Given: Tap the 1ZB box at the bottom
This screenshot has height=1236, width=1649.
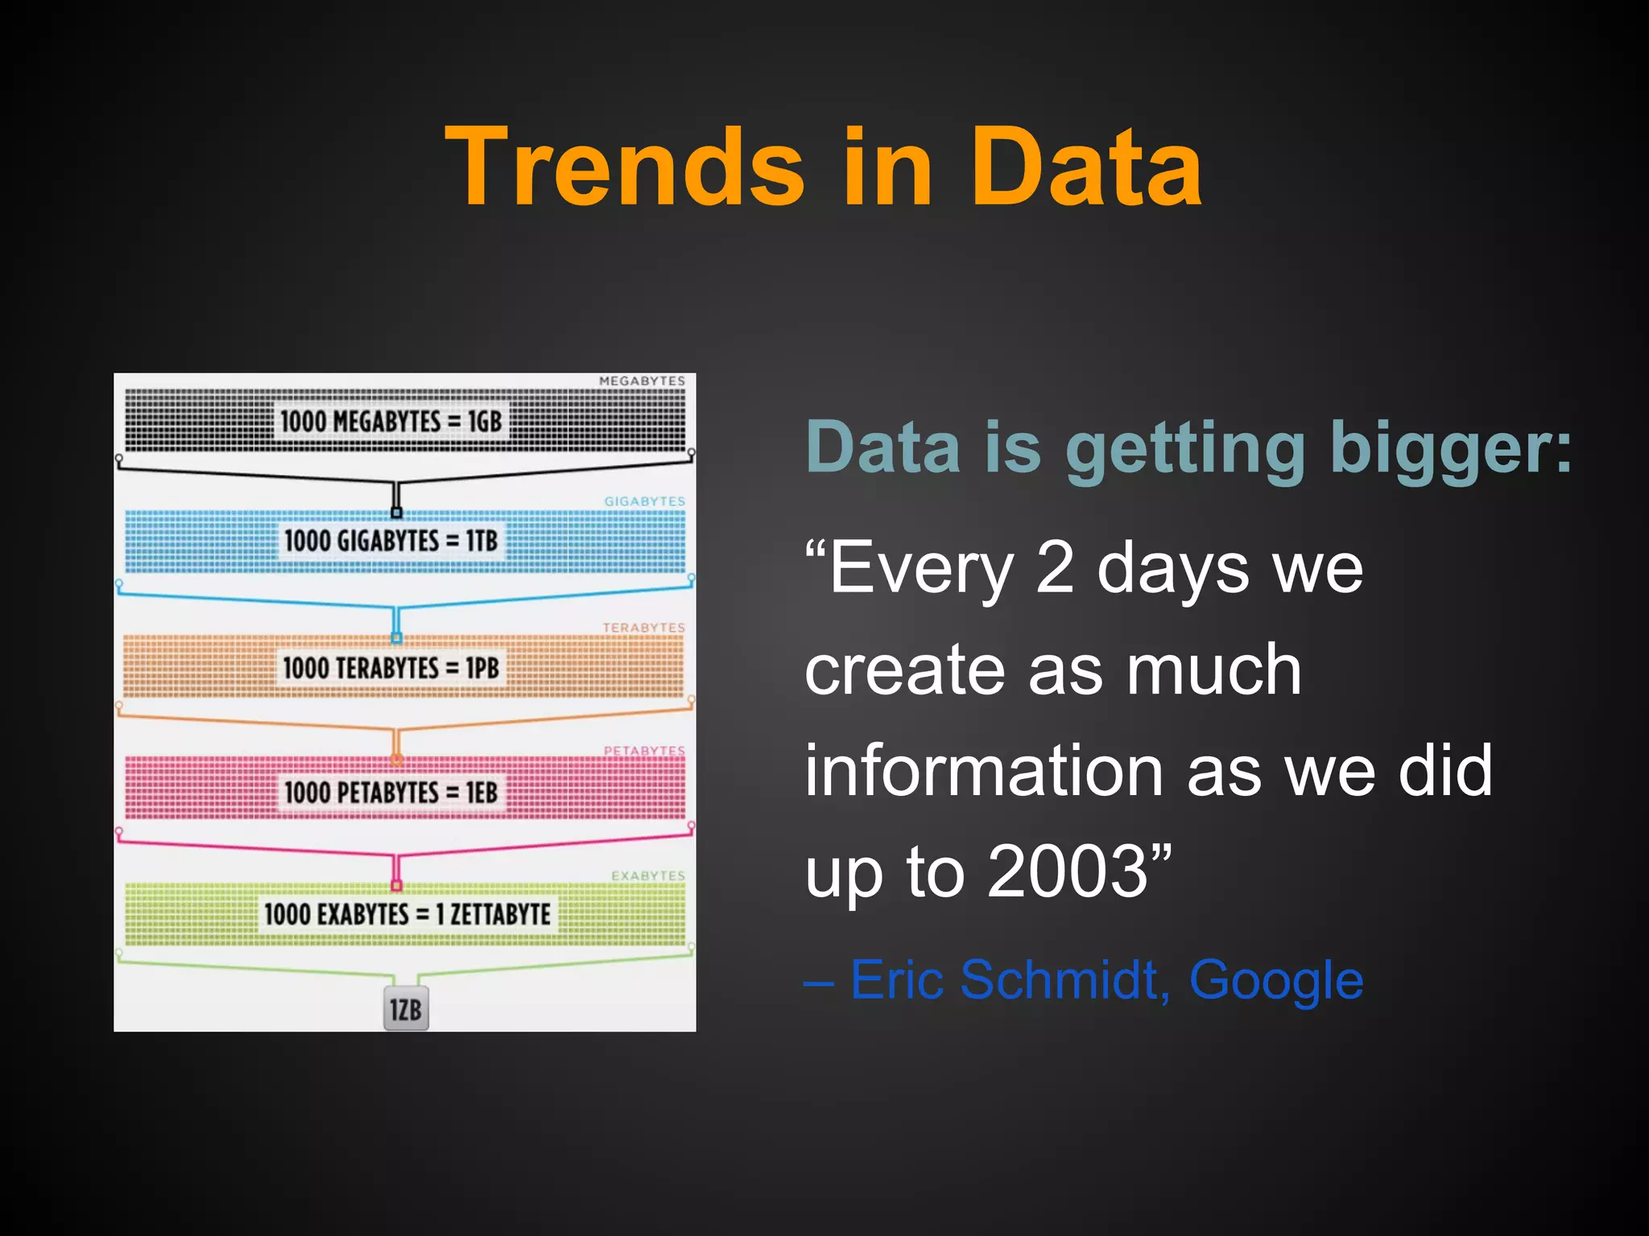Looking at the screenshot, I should coord(406,1009).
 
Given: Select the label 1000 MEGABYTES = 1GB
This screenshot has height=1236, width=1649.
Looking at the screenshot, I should coord(391,421).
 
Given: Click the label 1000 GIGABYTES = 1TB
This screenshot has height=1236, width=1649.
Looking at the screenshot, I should coord(391,540).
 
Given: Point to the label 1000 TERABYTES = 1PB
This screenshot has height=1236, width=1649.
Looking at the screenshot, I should coord(391,667).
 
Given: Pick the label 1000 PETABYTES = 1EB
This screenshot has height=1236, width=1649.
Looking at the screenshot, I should coord(391,792).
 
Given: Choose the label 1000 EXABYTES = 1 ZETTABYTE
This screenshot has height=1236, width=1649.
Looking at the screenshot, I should coord(407,914).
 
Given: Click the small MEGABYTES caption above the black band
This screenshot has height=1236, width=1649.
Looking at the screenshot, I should coord(642,381).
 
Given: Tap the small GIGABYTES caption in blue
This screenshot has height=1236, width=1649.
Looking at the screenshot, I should coord(644,501).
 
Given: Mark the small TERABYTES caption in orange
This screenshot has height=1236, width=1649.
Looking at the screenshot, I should coord(643,627).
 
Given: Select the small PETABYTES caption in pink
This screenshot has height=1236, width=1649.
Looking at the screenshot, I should coord(644,751).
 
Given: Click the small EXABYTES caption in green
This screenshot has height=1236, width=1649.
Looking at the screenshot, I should coord(647,875).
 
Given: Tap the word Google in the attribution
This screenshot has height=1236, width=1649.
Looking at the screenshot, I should coord(1276,980).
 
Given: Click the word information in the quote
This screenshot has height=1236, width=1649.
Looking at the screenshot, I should coord(984,770).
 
